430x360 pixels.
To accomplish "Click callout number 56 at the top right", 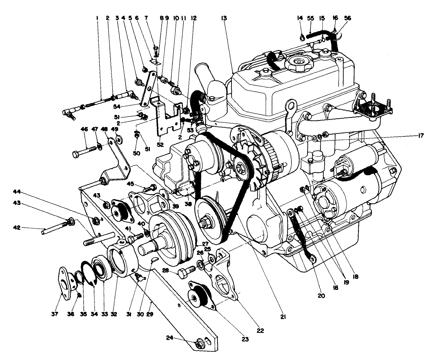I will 348,17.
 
